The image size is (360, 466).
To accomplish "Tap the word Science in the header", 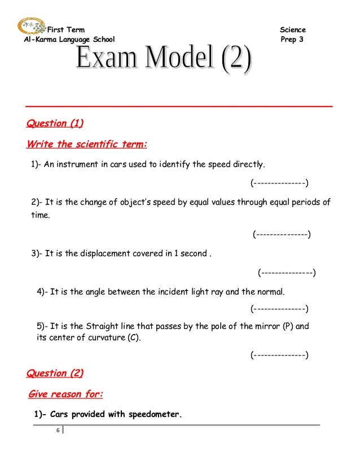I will coord(292,29).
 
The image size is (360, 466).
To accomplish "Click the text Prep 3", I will coord(291,40).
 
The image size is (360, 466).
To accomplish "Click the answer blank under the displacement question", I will coord(287,273).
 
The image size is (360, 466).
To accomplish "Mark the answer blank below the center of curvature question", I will coord(279,355).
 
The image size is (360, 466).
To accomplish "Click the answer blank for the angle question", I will coord(279,309).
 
